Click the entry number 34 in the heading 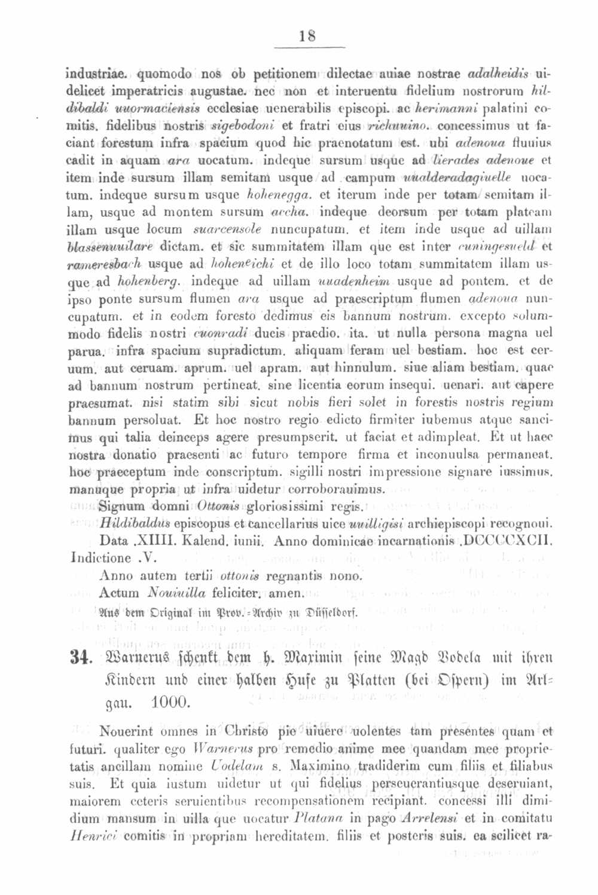click(x=80, y=658)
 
